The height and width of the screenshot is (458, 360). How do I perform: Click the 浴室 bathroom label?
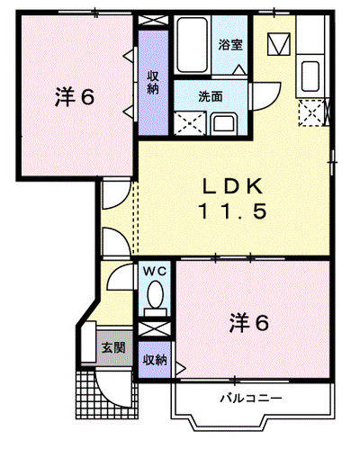click(230, 45)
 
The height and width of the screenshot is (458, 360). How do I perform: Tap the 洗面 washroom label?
click(211, 96)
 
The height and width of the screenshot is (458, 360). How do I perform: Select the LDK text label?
click(233, 186)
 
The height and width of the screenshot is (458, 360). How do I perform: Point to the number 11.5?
click(232, 211)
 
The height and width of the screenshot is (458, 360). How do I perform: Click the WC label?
click(155, 272)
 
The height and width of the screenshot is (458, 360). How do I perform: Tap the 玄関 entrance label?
click(113, 347)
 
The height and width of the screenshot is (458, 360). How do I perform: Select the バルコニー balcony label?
click(251, 399)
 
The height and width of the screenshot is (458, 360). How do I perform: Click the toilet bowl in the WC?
click(155, 294)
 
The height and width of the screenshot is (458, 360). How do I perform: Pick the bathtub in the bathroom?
click(192, 44)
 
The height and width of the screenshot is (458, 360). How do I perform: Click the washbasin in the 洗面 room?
click(224, 124)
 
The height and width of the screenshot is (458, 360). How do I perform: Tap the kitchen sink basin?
click(310, 76)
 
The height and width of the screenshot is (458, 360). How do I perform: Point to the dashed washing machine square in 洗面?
click(190, 123)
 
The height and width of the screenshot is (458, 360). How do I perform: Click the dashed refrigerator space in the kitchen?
click(311, 113)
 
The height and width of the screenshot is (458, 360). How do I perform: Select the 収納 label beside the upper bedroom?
click(153, 83)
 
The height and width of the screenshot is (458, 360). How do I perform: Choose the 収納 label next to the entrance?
click(155, 360)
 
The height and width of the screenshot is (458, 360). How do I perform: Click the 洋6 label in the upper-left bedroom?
click(75, 97)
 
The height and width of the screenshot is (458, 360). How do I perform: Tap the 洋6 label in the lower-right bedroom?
click(248, 323)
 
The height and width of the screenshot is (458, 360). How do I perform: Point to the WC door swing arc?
click(114, 274)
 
